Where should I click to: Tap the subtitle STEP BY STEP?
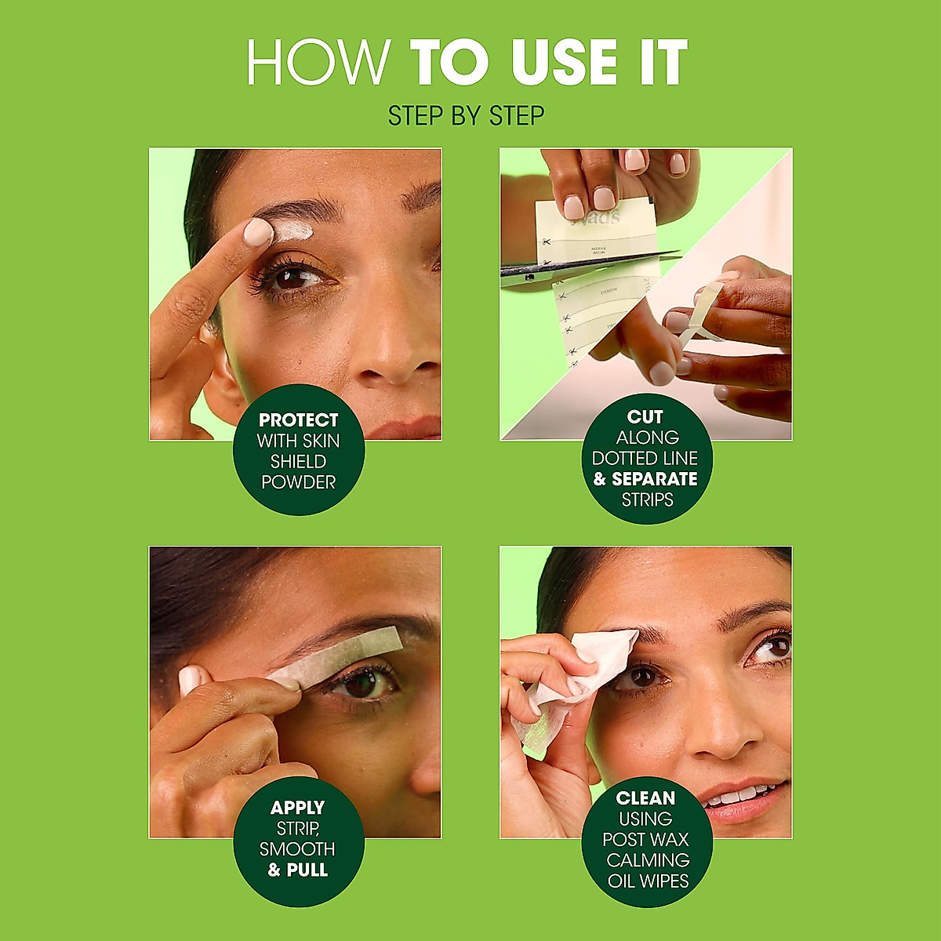(x=466, y=116)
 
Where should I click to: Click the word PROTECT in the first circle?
(x=298, y=420)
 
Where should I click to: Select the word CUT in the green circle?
(x=645, y=417)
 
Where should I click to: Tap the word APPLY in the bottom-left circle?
(x=297, y=808)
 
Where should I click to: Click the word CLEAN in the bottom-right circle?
(x=645, y=798)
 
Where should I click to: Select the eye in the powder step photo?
(x=295, y=278)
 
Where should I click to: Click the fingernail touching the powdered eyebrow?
(x=256, y=233)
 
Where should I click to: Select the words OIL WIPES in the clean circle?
(x=648, y=881)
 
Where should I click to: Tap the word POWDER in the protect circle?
(x=298, y=482)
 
